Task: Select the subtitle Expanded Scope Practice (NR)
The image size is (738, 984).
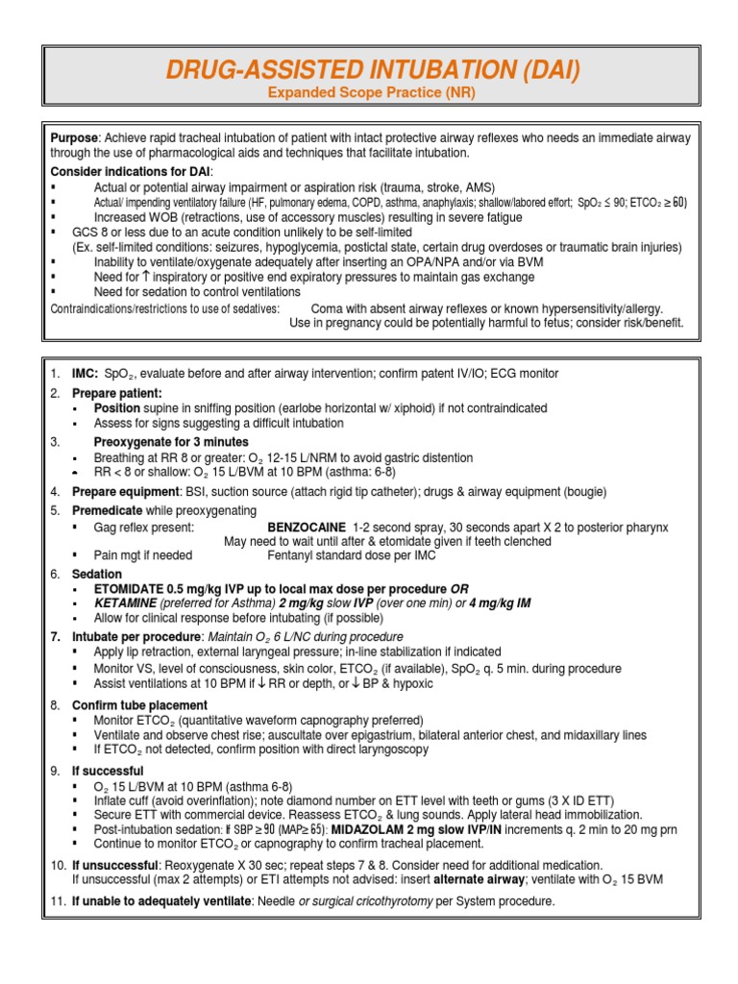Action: (369, 93)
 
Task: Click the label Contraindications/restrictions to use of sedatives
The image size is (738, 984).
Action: (165, 308)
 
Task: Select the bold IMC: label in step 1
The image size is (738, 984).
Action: (86, 374)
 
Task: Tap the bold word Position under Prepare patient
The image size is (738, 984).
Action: (117, 408)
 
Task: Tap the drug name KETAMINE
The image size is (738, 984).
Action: (125, 603)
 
